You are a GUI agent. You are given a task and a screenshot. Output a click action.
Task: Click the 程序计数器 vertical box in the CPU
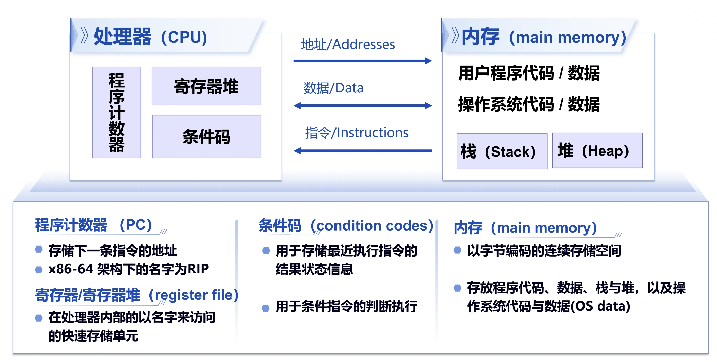[x=117, y=112]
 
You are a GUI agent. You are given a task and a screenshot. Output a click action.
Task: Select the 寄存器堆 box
[x=206, y=86]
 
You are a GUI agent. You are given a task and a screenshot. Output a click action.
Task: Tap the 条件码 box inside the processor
[x=207, y=136]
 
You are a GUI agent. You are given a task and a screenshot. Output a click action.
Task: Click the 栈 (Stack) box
[x=502, y=151]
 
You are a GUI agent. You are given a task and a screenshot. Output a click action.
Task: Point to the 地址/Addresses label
[x=348, y=44]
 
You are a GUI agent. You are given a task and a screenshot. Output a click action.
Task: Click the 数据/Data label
[x=333, y=88]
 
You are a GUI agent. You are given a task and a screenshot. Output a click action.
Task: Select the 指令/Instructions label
[x=357, y=133]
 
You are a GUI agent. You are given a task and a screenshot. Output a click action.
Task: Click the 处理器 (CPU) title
[x=150, y=37]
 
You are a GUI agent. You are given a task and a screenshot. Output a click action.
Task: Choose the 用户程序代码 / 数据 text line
[x=529, y=73]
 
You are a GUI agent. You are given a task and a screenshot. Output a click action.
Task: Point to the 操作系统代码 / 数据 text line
[x=529, y=104]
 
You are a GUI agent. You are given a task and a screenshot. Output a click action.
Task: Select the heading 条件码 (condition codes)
[x=346, y=226]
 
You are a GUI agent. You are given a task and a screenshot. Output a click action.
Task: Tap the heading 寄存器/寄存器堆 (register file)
[x=136, y=295]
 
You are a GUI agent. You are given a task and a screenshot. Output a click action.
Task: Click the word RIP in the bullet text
[x=198, y=269]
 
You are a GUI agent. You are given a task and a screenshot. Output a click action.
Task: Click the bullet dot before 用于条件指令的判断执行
[x=266, y=308]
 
